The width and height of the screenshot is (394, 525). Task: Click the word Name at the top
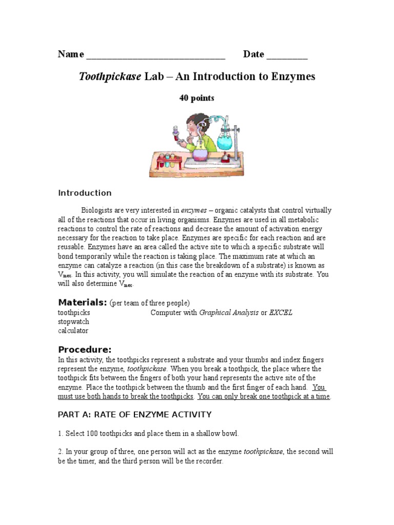(x=71, y=54)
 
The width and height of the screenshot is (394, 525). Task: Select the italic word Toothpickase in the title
(x=109, y=77)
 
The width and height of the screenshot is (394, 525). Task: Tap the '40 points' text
(x=196, y=98)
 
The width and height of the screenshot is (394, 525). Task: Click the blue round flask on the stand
(x=226, y=139)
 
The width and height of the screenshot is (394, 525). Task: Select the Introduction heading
(x=85, y=193)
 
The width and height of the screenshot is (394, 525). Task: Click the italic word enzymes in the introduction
(x=194, y=210)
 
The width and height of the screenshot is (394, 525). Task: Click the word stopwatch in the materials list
(x=73, y=321)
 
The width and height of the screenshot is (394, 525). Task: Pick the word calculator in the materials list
(x=73, y=331)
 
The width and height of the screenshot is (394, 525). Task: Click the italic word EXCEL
(x=281, y=312)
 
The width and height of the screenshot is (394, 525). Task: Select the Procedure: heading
(x=85, y=349)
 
